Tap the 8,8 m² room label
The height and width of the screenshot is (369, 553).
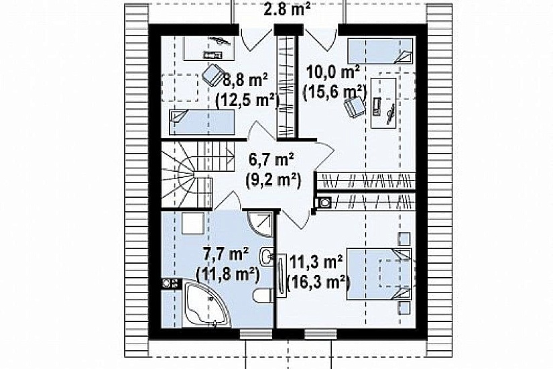coord(245,80)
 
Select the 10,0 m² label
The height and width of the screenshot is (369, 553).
coord(333,72)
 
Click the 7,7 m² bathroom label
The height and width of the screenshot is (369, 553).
coord(226,254)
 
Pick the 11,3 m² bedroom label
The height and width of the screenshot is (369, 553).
coord(316,262)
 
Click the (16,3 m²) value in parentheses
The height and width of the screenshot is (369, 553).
coord(318,282)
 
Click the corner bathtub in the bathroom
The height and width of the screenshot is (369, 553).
coord(206,304)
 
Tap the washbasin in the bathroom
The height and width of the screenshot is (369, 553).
coord(266,256)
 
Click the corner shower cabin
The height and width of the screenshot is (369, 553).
coord(261,224)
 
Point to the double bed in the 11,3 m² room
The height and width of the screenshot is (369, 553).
coord(379,274)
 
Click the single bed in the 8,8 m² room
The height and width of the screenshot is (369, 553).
coord(202,122)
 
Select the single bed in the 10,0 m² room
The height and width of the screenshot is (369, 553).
coord(380,51)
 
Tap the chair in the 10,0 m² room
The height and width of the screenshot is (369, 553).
coord(355,106)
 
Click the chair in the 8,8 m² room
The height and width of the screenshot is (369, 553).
coord(213,74)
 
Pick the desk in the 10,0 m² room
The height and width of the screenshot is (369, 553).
coord(383,103)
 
